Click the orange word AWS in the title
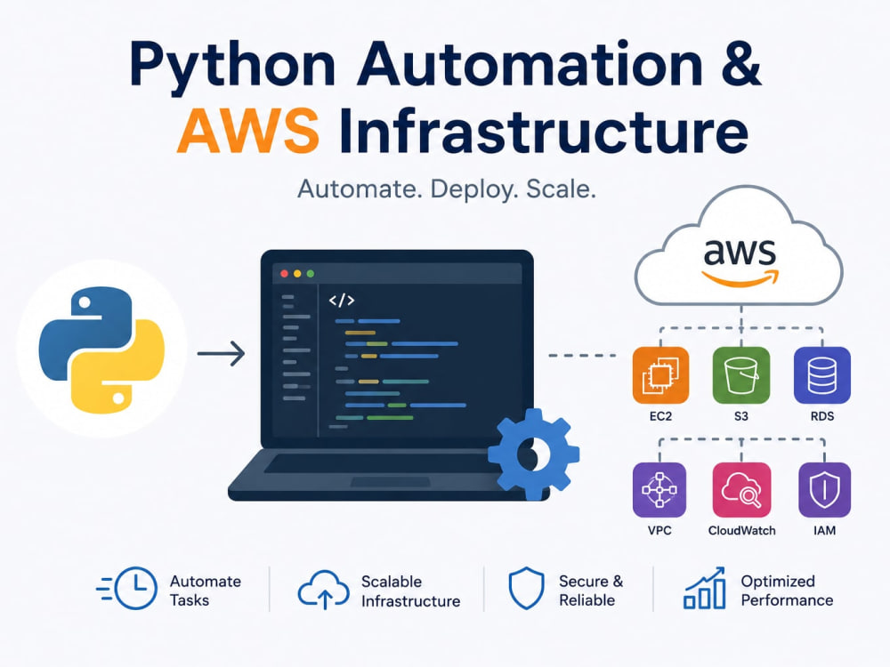coord(248,130)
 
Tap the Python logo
coord(101,350)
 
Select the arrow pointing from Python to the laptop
coord(222,353)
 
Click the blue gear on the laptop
coord(533,454)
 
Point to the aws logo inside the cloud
coord(740,261)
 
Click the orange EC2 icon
coord(660,375)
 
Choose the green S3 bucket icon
coord(741,375)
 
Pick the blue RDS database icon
coord(821,375)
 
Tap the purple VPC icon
coord(659,489)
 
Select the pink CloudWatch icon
coord(741,489)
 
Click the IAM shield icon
coord(824,489)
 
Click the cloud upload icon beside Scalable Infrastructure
coord(324,590)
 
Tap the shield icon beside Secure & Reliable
coord(526,588)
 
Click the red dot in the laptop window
coord(285,274)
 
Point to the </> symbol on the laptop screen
coord(342,300)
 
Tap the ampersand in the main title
coord(738,63)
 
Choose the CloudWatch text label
coord(741,530)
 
